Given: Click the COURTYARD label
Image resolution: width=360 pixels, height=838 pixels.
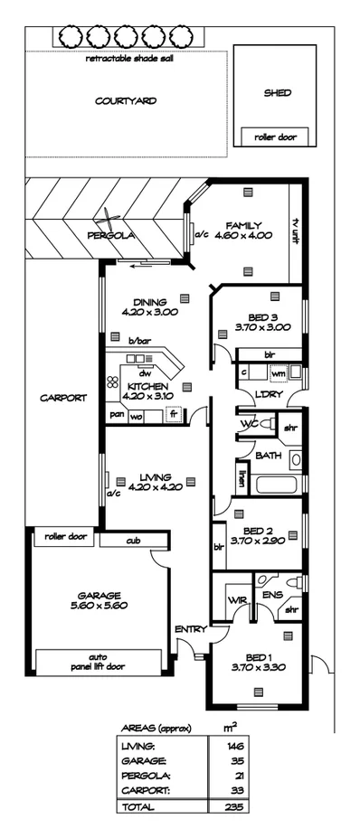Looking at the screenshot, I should click(x=126, y=101).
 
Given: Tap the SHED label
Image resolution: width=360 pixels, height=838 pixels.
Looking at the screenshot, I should click(x=276, y=92).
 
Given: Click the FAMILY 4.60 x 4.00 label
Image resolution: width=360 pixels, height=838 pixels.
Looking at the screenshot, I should click(x=245, y=231).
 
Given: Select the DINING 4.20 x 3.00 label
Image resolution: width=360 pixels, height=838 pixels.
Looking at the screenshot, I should click(x=149, y=307).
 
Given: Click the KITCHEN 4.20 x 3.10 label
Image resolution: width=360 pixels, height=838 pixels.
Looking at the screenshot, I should click(x=145, y=391).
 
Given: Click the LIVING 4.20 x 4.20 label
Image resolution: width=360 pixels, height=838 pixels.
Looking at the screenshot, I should click(x=149, y=483).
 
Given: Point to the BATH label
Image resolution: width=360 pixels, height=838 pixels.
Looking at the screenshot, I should click(x=268, y=457).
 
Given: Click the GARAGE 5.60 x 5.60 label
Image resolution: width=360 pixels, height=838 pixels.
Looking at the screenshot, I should click(x=99, y=600).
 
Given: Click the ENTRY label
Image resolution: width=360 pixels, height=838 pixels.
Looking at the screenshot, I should click(x=191, y=629).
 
